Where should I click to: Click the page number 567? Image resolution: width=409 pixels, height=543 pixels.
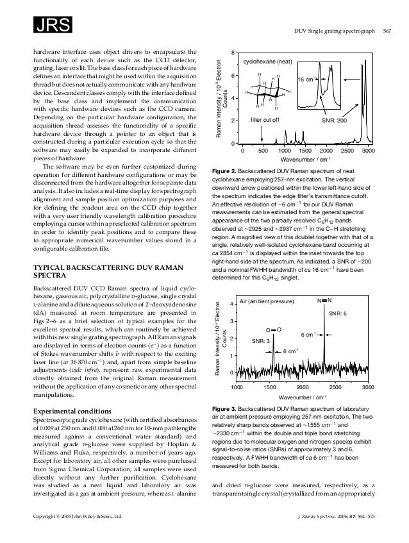coord(386,29)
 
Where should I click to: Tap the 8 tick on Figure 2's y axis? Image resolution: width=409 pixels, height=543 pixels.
coord(235,52)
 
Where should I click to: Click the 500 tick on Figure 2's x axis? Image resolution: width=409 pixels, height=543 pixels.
coord(263,150)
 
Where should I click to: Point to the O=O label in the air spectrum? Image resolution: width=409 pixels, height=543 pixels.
coord(274,328)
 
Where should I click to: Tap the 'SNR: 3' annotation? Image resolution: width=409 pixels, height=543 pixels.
coord(259,341)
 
